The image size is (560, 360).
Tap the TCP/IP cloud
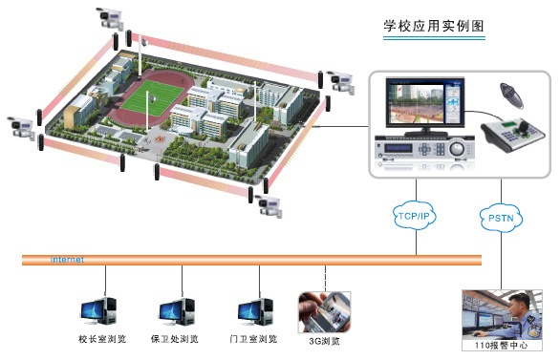coord(413,217)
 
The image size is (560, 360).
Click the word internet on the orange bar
coord(67,260)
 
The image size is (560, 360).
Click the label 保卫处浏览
coord(175,339)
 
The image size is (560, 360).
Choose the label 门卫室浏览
coord(253,339)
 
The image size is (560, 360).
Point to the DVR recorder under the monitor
coord(425,151)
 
